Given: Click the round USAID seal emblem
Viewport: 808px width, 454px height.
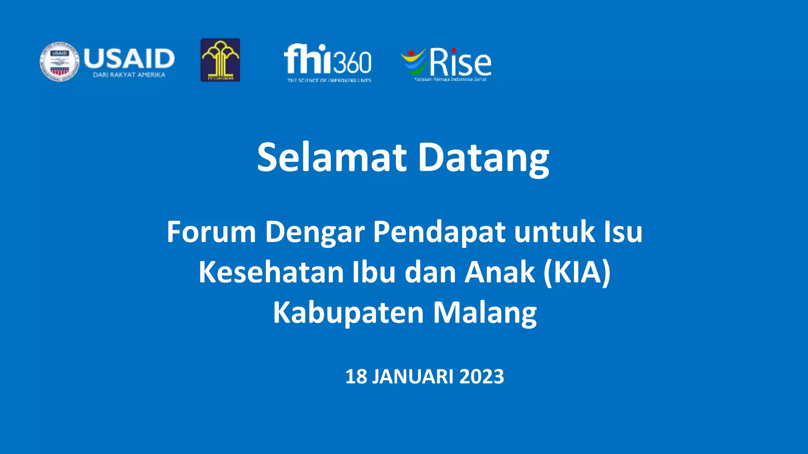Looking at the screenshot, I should click(60, 62).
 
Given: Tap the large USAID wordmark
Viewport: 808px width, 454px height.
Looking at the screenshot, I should click(129, 58).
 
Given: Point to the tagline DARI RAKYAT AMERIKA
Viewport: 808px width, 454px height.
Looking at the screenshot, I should click(129, 75).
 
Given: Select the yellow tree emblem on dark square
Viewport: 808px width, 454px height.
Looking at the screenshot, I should click(220, 60).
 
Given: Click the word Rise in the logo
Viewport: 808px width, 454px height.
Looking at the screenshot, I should click(460, 62).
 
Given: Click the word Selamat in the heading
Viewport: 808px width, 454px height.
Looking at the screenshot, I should click(332, 157).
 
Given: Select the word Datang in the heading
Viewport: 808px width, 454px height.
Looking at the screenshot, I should click(483, 157).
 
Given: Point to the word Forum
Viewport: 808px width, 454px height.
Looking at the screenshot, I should click(211, 232).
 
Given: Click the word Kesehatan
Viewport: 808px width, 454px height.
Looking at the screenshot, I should click(271, 272).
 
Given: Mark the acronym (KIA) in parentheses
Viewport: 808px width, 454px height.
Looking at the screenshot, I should click(577, 272).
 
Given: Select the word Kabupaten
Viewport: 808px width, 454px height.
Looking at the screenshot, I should click(348, 313).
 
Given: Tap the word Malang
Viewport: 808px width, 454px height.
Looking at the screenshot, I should click(485, 313).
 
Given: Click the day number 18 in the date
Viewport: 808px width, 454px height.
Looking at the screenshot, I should click(356, 376).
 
